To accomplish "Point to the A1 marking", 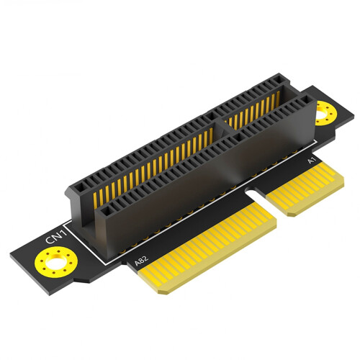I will [311, 161].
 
